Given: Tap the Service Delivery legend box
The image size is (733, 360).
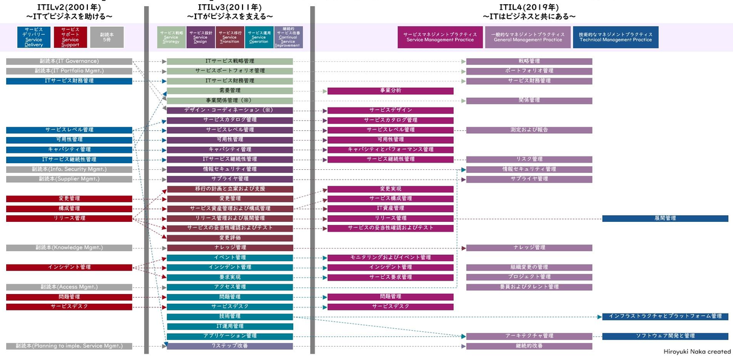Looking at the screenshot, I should (x=34, y=37).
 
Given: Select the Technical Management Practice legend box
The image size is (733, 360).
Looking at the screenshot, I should (x=616, y=37).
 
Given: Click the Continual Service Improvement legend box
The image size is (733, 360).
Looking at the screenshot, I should (x=288, y=37).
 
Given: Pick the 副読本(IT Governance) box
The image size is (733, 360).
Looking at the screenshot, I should (x=69, y=61).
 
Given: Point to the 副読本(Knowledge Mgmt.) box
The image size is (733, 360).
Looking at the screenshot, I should (x=69, y=248).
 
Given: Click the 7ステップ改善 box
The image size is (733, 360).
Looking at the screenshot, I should (x=230, y=346).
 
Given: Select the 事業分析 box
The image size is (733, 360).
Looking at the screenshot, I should (x=390, y=90).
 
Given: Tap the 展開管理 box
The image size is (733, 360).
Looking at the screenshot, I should (x=665, y=218).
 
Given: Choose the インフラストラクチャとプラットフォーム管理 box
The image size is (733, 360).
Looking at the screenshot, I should (x=665, y=317).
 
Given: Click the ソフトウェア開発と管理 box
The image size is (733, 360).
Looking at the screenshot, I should (x=665, y=336).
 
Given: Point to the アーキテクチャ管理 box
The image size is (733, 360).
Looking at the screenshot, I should (x=529, y=336).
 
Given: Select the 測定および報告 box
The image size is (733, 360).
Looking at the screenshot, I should (x=529, y=130).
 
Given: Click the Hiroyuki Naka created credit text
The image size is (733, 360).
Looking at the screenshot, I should (x=696, y=352).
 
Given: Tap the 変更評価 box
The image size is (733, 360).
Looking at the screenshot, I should (x=230, y=238).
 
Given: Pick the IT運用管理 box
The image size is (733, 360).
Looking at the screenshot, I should (x=230, y=326).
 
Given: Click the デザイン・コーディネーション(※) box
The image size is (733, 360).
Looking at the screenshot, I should (x=230, y=110).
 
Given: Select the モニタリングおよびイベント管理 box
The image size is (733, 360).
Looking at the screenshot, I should (x=390, y=257).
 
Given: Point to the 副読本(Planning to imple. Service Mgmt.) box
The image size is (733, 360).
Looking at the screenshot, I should (x=69, y=346).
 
